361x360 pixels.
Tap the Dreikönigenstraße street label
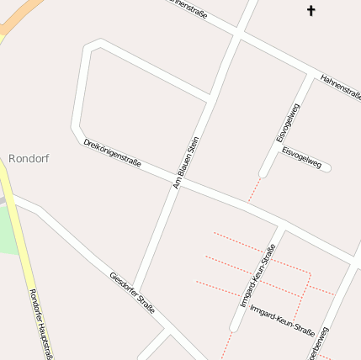point(111,151)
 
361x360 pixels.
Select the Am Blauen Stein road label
point(185,162)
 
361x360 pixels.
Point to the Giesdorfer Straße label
point(132,293)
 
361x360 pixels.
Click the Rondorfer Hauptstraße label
point(40,325)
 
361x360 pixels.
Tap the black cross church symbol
point(311,11)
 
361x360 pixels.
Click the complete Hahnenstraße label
point(340,87)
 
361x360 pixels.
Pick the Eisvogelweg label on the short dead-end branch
point(301,157)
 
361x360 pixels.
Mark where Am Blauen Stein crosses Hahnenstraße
point(239,31)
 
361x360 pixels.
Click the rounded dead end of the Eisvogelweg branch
point(327,168)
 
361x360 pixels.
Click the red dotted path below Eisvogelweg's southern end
point(254,190)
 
